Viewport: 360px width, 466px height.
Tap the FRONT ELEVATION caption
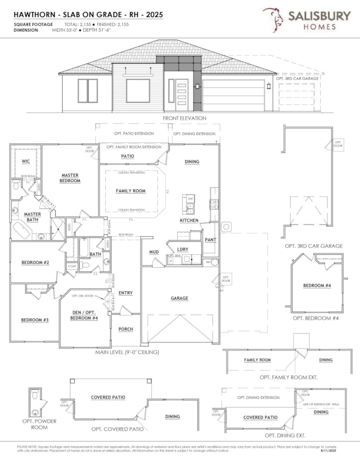click(x=184, y=118)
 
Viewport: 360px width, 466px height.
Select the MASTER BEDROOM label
click(x=70, y=178)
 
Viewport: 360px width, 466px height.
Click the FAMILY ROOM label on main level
click(x=131, y=191)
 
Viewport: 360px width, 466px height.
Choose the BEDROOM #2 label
click(x=35, y=263)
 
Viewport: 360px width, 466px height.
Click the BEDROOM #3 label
click(x=34, y=320)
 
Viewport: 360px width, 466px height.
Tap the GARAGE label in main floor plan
click(x=179, y=298)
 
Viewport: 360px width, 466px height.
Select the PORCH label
click(x=126, y=329)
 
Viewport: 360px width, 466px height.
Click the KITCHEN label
click(x=189, y=220)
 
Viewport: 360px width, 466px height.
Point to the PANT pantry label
click(x=210, y=239)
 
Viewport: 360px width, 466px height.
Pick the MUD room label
click(x=154, y=252)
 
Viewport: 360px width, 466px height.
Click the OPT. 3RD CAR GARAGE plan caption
click(x=313, y=246)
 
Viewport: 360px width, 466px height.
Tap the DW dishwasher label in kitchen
click(x=190, y=199)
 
